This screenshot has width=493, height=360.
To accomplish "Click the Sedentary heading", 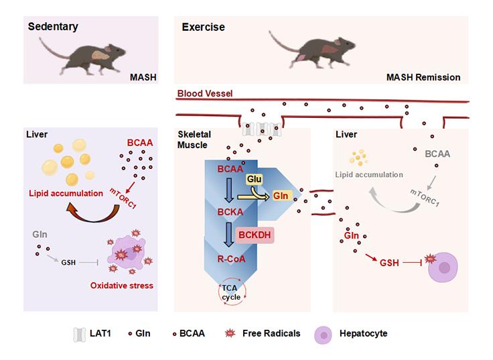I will [54, 27].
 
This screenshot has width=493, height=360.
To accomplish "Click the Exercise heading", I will [204, 27].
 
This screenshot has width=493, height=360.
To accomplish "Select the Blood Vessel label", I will [206, 94].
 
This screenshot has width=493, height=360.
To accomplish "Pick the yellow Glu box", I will [254, 180].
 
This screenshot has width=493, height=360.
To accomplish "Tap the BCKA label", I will [230, 211].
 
